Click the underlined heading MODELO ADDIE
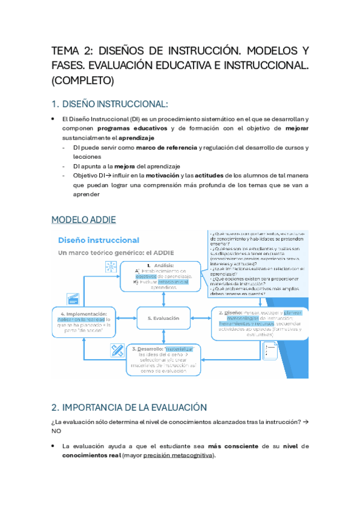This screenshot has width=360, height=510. tap(84, 219)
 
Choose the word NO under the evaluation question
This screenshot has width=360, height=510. tap(56, 431)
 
